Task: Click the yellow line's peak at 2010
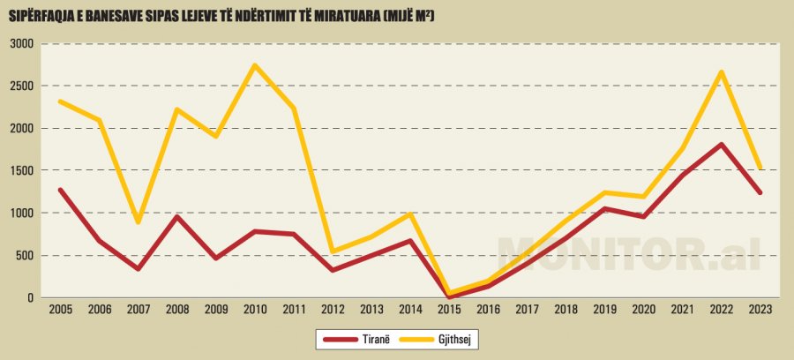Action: click(255, 65)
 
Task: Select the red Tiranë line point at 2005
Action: click(61, 190)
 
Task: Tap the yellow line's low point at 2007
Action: click(139, 221)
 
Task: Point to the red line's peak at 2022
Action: click(721, 145)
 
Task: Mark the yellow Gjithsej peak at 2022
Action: click(721, 71)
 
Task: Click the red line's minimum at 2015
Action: click(449, 296)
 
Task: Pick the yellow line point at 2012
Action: click(333, 251)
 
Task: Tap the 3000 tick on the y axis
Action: click(21, 44)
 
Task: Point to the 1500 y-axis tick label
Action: click(21, 170)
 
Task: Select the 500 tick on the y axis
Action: click(25, 256)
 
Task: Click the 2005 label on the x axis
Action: click(61, 310)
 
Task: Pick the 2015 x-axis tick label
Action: click(449, 310)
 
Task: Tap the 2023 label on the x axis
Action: click(760, 310)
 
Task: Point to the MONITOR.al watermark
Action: click(629, 253)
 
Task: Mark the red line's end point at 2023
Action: click(760, 192)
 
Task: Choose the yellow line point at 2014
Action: click(410, 214)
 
